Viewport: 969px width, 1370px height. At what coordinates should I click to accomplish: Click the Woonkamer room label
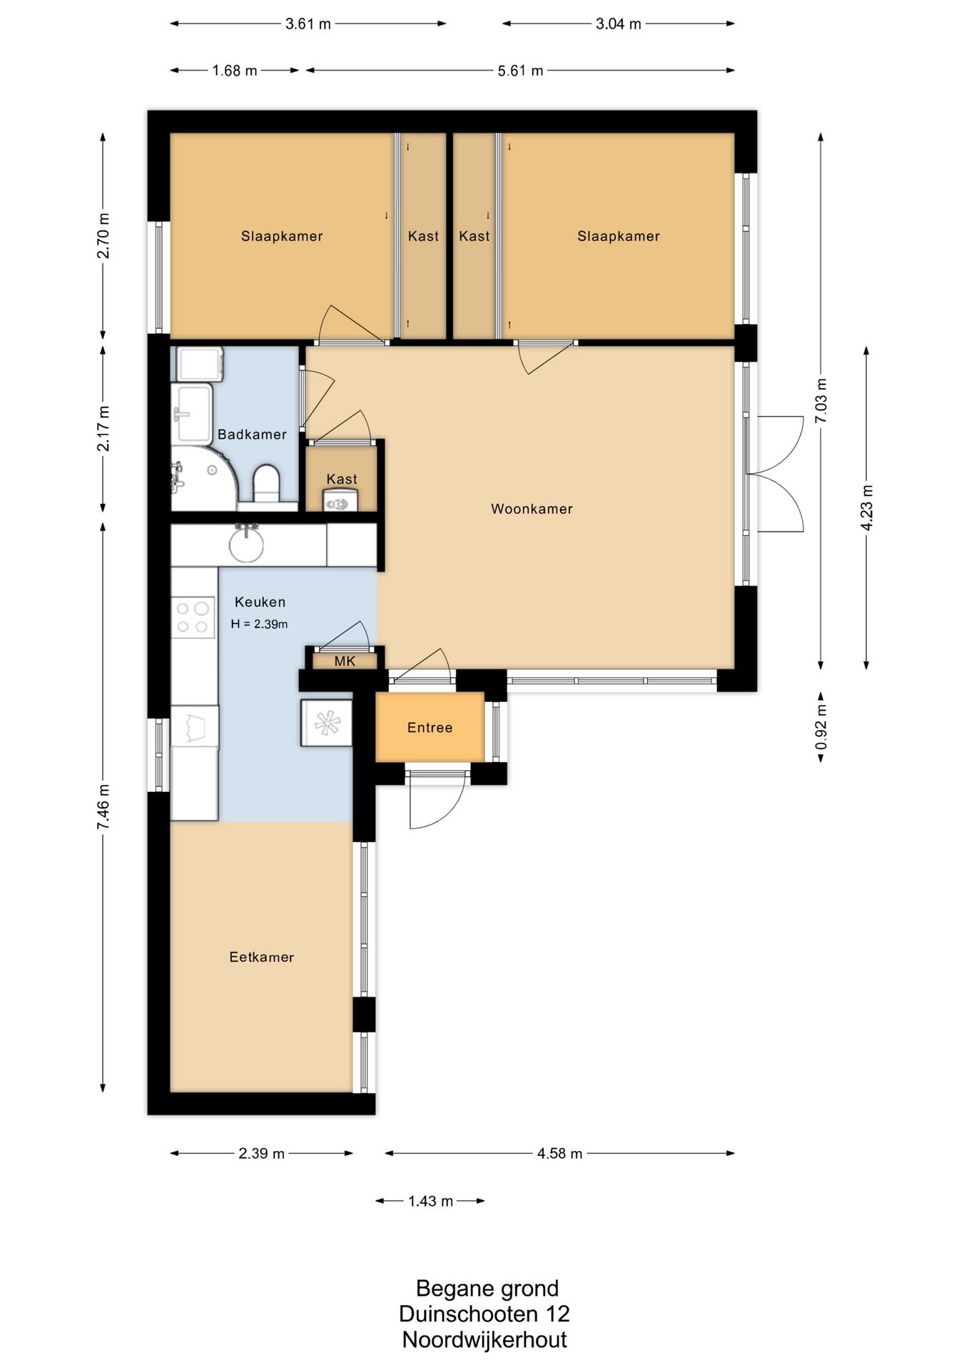click(532, 509)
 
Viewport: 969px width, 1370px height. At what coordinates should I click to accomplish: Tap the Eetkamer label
click(261, 958)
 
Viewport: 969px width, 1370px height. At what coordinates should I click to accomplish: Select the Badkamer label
click(252, 435)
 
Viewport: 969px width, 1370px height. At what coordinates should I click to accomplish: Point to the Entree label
click(430, 728)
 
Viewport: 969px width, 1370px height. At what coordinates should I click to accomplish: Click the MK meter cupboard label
click(345, 661)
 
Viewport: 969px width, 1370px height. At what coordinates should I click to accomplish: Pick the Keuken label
click(260, 602)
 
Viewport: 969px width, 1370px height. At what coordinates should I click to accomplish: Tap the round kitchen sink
click(246, 544)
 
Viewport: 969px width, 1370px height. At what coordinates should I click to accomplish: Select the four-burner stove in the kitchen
click(193, 617)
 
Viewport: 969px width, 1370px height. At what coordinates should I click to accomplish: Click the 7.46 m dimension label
click(103, 806)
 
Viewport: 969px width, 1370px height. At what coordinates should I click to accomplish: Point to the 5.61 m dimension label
click(520, 71)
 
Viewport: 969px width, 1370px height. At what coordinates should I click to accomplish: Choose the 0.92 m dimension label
click(821, 726)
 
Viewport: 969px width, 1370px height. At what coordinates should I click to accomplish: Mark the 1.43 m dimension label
click(430, 1201)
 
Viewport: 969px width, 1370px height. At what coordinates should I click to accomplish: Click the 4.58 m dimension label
click(559, 1153)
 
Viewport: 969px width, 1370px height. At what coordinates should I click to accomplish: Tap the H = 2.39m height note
click(259, 624)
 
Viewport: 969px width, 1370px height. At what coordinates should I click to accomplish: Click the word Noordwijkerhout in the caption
click(484, 1339)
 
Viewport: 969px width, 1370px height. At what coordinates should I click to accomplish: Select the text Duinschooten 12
click(484, 1314)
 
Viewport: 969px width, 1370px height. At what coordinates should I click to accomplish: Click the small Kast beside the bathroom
click(341, 477)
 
